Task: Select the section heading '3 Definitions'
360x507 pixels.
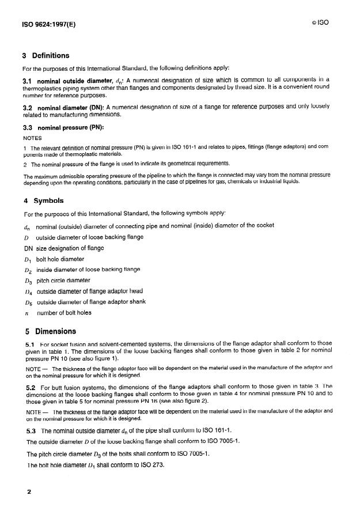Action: click(x=46, y=56)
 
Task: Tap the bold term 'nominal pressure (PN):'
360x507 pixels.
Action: click(x=70, y=127)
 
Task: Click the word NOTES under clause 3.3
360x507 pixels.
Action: click(x=33, y=138)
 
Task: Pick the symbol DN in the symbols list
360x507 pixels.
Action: click(x=28, y=248)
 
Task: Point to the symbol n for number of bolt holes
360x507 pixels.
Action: click(x=26, y=313)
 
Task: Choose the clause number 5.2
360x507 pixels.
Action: click(x=31, y=387)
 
